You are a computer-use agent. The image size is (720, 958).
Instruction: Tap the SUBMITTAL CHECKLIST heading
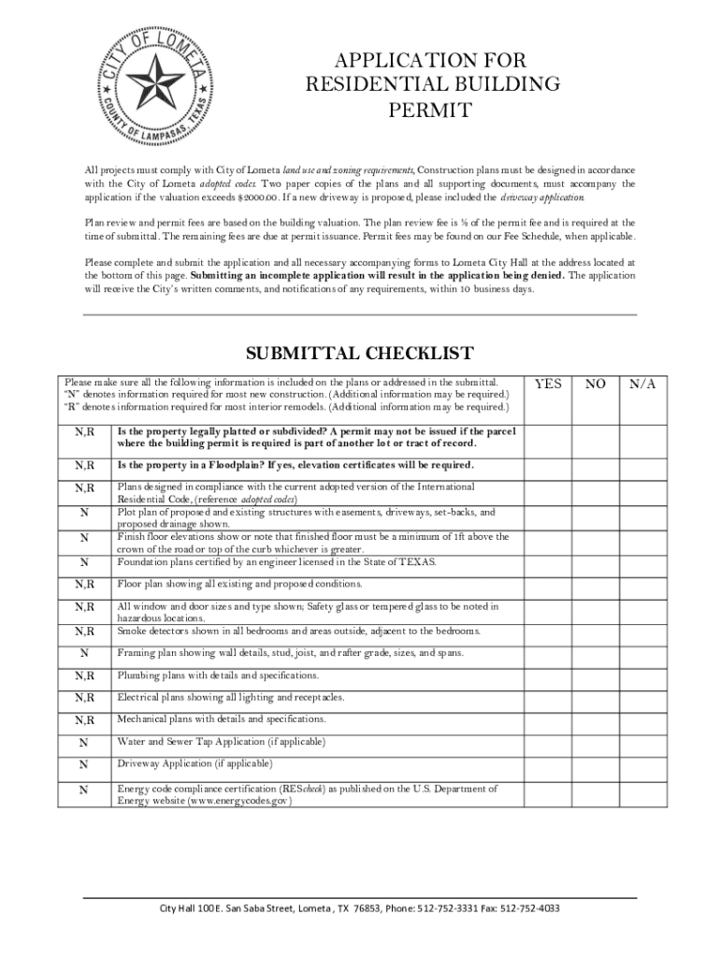click(359, 353)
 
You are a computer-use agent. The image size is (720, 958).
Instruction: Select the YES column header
click(548, 384)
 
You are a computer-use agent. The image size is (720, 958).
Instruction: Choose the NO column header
click(595, 384)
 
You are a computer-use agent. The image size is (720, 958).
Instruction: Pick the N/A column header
click(642, 384)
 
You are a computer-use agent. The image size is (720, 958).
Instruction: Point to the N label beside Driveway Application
click(84, 765)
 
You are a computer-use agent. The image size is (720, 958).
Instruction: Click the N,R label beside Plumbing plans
click(84, 675)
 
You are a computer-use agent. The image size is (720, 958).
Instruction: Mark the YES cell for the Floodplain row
click(548, 465)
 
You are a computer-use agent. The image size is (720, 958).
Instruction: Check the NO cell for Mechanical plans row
click(595, 719)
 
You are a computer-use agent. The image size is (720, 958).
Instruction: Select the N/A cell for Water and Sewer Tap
click(642, 742)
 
